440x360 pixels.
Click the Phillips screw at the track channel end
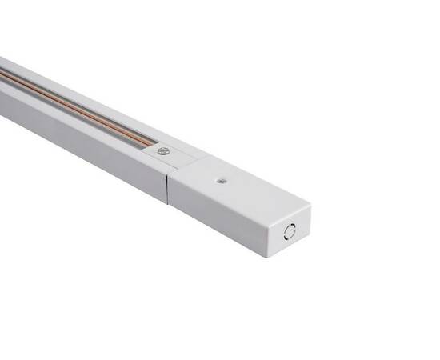point(163,150)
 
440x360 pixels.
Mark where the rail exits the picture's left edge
point(2,88)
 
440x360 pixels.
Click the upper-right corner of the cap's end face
point(310,207)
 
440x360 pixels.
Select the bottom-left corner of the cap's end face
point(272,256)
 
